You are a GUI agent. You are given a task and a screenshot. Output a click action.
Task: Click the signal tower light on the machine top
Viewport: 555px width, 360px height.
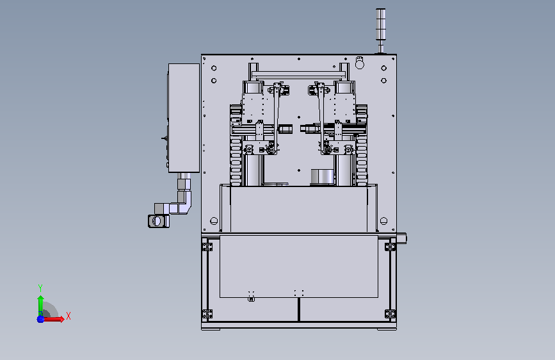point(380,31)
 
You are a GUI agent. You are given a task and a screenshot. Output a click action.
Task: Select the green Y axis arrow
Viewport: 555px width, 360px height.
point(40,305)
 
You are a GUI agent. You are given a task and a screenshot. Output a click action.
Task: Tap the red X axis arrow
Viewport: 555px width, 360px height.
point(53,319)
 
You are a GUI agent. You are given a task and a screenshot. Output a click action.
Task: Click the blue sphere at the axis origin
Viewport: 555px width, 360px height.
point(40,319)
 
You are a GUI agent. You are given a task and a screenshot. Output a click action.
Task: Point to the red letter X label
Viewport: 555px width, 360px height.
point(68,316)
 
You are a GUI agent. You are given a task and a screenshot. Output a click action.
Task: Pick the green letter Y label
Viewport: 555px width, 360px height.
point(40,288)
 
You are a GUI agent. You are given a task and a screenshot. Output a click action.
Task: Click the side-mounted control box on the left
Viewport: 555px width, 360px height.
point(184,118)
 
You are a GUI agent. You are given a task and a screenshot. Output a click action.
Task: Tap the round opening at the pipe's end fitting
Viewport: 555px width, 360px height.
point(156,222)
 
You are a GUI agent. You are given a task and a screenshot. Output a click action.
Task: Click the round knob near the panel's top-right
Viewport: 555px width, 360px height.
point(360,64)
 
